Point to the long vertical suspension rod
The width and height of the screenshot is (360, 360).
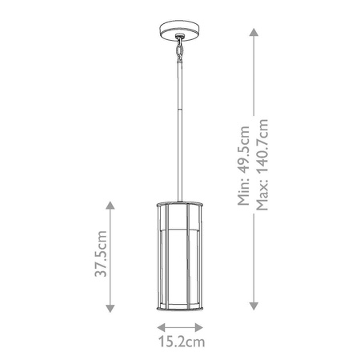(x=180, y=128)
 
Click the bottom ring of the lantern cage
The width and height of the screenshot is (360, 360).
(x=180, y=308)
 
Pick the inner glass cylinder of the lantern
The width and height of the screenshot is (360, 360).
(x=180, y=256)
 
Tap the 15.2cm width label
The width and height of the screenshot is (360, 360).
(x=180, y=342)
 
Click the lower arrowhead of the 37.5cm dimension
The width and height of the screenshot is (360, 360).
(x=110, y=306)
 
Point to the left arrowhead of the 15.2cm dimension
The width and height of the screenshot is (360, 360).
(x=159, y=326)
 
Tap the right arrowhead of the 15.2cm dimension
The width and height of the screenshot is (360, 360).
(x=202, y=326)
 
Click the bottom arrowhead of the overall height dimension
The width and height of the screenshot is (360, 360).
(x=254, y=306)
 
